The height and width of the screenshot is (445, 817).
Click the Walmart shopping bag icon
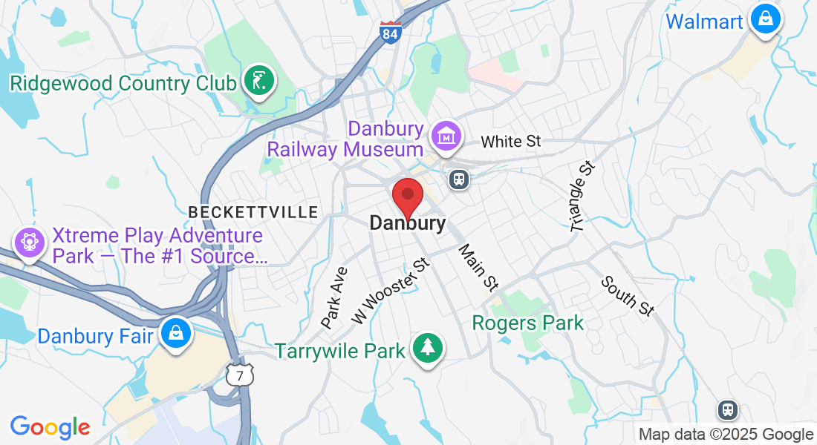click(x=764, y=18)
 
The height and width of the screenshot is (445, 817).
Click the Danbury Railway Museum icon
click(x=446, y=136)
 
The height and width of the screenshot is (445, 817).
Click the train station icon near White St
click(x=459, y=179)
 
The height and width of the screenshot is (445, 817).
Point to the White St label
click(x=511, y=141)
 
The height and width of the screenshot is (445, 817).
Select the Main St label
click(x=478, y=266)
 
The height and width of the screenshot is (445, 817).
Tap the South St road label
click(x=628, y=296)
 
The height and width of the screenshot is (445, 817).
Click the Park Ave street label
click(x=334, y=297)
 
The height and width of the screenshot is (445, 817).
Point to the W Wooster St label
click(x=391, y=290)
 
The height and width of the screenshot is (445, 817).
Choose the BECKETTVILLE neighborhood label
click(x=253, y=212)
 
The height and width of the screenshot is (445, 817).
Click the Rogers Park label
click(x=528, y=323)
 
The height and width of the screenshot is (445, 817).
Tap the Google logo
click(x=50, y=427)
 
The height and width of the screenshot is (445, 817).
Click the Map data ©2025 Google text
click(x=726, y=435)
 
